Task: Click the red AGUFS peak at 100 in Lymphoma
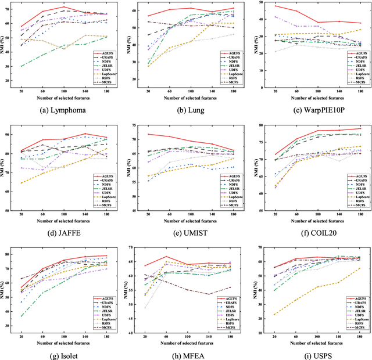[x=64, y=8]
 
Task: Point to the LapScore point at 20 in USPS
[x=273, y=315]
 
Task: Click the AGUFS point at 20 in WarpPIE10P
[x=273, y=6]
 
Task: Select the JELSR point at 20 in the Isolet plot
[x=22, y=316]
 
